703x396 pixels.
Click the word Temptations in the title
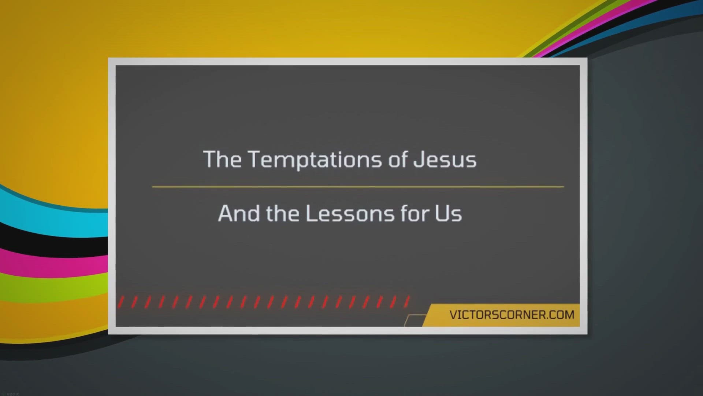click(315, 160)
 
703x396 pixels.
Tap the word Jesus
click(445, 159)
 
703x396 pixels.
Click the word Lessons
click(350, 213)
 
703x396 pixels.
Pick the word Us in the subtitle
click(449, 213)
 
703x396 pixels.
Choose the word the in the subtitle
click(283, 213)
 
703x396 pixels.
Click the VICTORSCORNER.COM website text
click(512, 315)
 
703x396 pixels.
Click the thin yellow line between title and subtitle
click(358, 187)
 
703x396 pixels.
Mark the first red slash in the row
click(121, 302)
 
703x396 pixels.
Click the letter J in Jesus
click(419, 159)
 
